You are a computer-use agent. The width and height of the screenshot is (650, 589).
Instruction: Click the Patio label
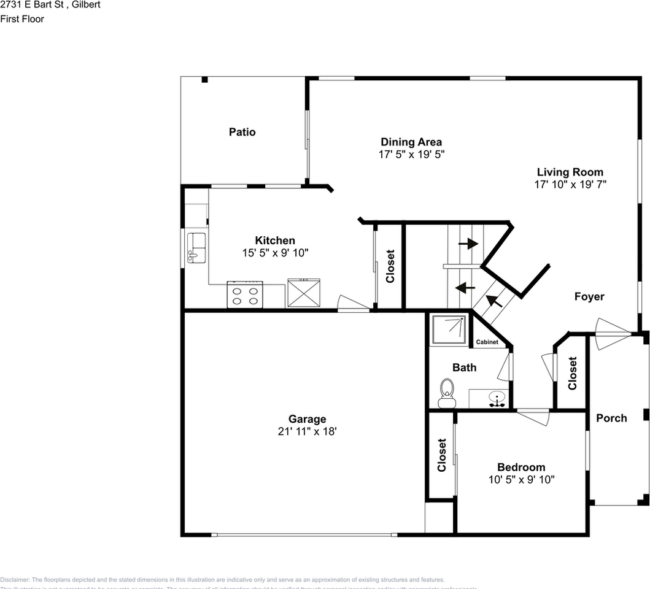point(242,132)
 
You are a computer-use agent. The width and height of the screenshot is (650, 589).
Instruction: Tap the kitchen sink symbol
point(196,247)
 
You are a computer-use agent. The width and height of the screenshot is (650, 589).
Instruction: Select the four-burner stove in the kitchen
point(245,294)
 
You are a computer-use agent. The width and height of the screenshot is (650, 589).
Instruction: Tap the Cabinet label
point(487,342)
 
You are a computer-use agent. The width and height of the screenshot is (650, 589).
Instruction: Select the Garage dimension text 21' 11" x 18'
point(307,431)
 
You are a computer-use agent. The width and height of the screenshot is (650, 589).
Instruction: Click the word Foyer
point(589,296)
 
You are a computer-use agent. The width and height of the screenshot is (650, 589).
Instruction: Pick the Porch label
point(611,418)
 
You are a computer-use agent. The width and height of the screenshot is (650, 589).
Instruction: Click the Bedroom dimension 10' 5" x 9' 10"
point(521,479)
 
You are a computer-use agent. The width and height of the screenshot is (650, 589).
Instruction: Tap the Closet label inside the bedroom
point(441,455)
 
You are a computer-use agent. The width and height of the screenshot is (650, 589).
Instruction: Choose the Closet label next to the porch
point(572,373)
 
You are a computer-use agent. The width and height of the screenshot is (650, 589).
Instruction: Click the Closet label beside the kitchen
point(389,266)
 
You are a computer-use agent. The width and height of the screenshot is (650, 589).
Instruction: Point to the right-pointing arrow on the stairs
point(468,244)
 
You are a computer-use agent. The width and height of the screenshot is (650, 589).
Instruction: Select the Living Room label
point(570,172)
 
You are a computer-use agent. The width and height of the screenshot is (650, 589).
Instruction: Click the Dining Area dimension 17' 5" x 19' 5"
point(411,155)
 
